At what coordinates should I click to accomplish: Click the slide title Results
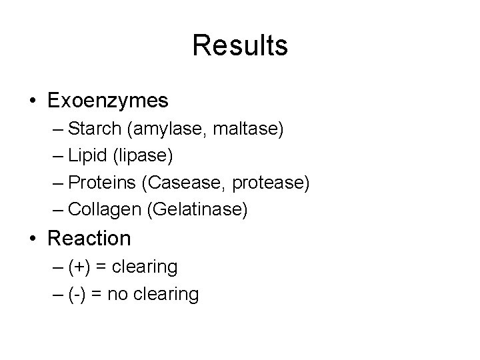240,46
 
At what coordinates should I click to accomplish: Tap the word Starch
94,129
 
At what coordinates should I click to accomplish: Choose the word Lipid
89,156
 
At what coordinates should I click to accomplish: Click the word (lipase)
143,156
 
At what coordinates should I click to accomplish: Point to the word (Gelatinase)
199,210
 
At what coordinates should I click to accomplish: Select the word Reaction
89,238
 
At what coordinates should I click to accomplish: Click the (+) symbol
80,267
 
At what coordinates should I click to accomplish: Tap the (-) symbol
77,294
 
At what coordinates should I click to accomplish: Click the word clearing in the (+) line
145,267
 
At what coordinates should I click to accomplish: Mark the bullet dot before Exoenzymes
33,101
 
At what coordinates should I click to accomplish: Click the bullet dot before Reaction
33,239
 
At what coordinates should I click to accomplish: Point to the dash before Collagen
57,210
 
